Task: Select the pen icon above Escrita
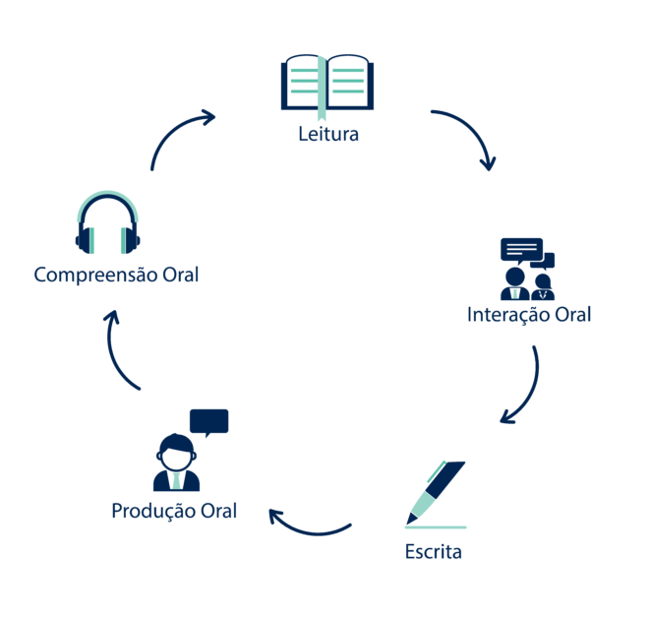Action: (x=438, y=492)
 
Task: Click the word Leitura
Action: (x=328, y=134)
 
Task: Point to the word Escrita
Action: (x=433, y=551)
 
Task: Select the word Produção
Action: (x=153, y=512)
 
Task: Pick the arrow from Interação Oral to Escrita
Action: (x=525, y=388)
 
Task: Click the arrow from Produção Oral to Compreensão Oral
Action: (x=120, y=353)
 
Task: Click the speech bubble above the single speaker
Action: (x=208, y=421)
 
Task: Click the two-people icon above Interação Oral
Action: (x=527, y=283)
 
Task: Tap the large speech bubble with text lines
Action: (x=520, y=249)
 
